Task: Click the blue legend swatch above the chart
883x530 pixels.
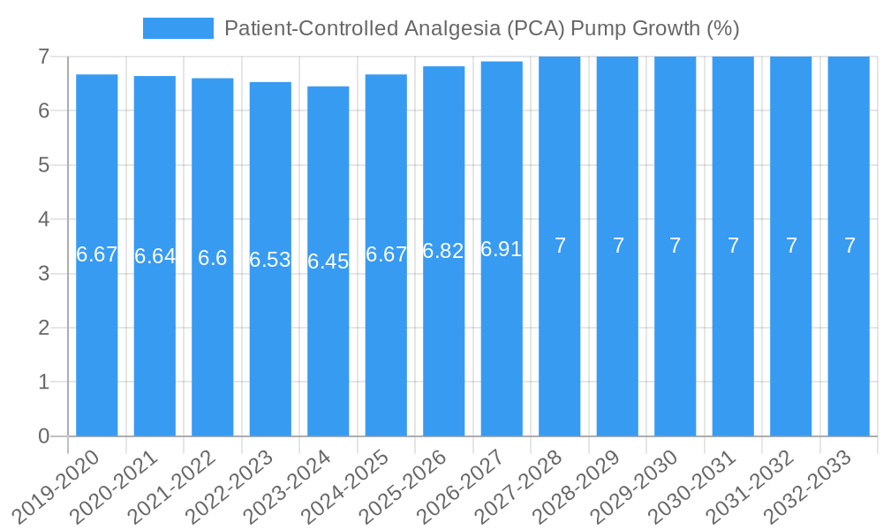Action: (177, 28)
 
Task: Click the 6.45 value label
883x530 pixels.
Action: (328, 261)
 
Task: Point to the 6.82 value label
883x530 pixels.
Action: (443, 251)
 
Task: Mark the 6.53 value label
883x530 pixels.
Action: (270, 260)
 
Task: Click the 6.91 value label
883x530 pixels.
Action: (502, 249)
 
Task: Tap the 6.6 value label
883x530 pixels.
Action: (212, 258)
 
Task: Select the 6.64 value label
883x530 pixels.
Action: (155, 256)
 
